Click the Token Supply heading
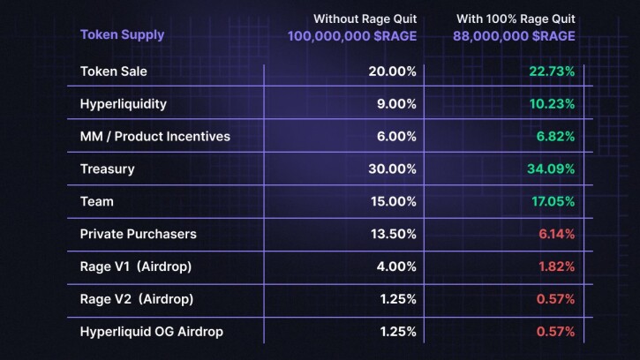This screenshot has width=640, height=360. coord(122,35)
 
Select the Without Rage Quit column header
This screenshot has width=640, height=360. coord(365,19)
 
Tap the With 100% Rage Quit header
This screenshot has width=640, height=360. coord(516,19)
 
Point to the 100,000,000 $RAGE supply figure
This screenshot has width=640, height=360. coord(351,36)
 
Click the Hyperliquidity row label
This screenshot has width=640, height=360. coord(124,104)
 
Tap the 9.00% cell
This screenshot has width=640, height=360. coord(392,104)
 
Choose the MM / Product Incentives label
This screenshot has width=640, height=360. coord(155,137)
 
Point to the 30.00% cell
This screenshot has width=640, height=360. coord(388,169)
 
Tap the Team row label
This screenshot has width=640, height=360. coord(97,201)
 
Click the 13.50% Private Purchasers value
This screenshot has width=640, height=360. coord(389,234)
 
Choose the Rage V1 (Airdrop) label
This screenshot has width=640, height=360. coord(136,266)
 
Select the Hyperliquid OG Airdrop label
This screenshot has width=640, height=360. coord(152,332)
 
